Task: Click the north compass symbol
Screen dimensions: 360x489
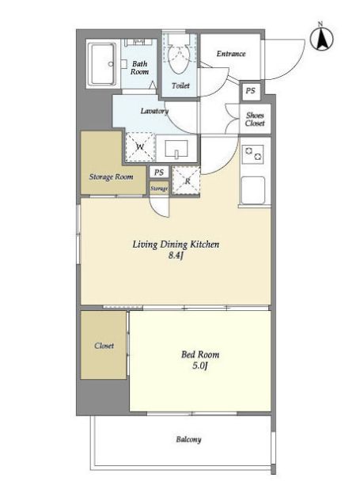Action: [x=322, y=39]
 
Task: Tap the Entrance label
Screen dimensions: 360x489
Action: [x=231, y=54]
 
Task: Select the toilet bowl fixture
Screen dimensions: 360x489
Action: [x=179, y=58]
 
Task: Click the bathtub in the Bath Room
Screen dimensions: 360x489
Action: [x=101, y=64]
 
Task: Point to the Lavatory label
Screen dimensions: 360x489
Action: [x=154, y=111]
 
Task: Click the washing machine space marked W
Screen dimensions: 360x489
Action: [x=140, y=146]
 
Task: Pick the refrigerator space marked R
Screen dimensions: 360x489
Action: [x=186, y=181]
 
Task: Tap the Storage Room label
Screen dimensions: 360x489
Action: [x=111, y=176]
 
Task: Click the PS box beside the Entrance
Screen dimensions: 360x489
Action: [x=250, y=91]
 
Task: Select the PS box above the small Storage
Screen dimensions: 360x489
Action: [x=159, y=172]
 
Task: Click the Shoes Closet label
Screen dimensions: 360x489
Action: [x=255, y=119]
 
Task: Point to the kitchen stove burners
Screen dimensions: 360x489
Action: [x=253, y=154]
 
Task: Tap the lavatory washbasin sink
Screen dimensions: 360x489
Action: [x=176, y=149]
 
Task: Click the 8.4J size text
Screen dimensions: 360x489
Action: [x=176, y=256]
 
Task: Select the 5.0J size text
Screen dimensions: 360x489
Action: [x=200, y=366]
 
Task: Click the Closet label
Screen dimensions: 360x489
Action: [x=104, y=346]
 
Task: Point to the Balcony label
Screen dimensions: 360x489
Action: [x=189, y=439]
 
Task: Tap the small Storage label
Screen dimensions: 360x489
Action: [x=159, y=188]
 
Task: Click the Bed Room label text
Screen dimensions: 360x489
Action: [x=200, y=354]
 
